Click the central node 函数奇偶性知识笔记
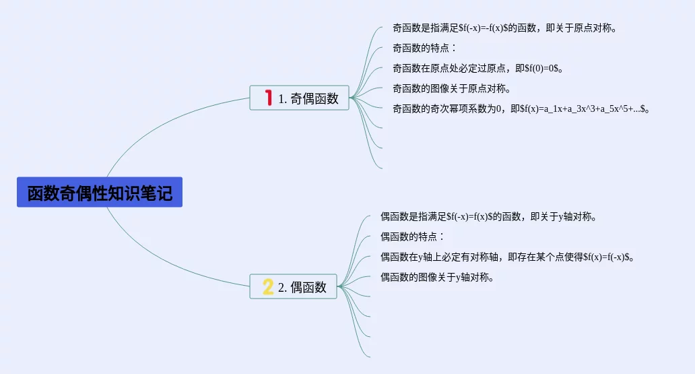coord(100,193)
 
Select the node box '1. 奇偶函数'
coord(299,98)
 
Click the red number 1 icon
coord(269,98)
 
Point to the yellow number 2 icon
coord(268,287)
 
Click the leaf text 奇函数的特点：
coord(424,49)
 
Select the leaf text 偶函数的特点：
coord(412,237)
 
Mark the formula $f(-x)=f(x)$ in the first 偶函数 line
coord(474,217)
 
